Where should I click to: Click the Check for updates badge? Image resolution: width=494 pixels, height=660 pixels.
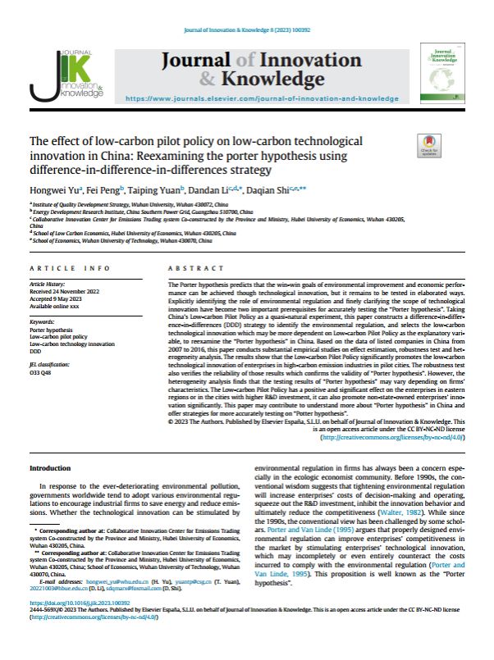pyautogui.click(x=430, y=145)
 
